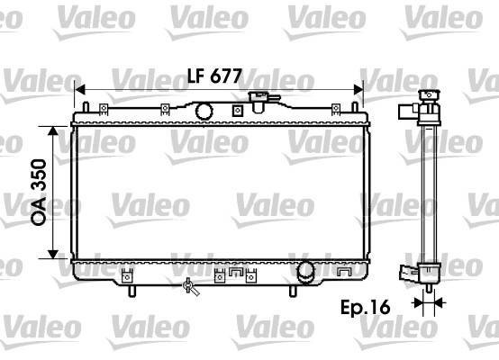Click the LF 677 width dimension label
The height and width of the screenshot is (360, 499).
214,76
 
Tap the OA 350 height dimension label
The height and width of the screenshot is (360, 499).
39,193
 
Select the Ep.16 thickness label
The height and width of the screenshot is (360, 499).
366,307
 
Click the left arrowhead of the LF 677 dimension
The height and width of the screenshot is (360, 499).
80,90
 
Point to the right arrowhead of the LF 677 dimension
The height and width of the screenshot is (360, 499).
358,90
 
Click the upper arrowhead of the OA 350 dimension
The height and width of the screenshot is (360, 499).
53,131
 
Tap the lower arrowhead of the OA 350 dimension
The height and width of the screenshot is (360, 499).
53,254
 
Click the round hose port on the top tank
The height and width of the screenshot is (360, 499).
204,111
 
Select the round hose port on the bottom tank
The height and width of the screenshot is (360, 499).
305,271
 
